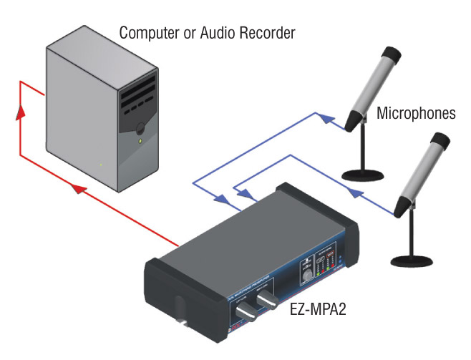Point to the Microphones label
[x=416, y=113]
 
